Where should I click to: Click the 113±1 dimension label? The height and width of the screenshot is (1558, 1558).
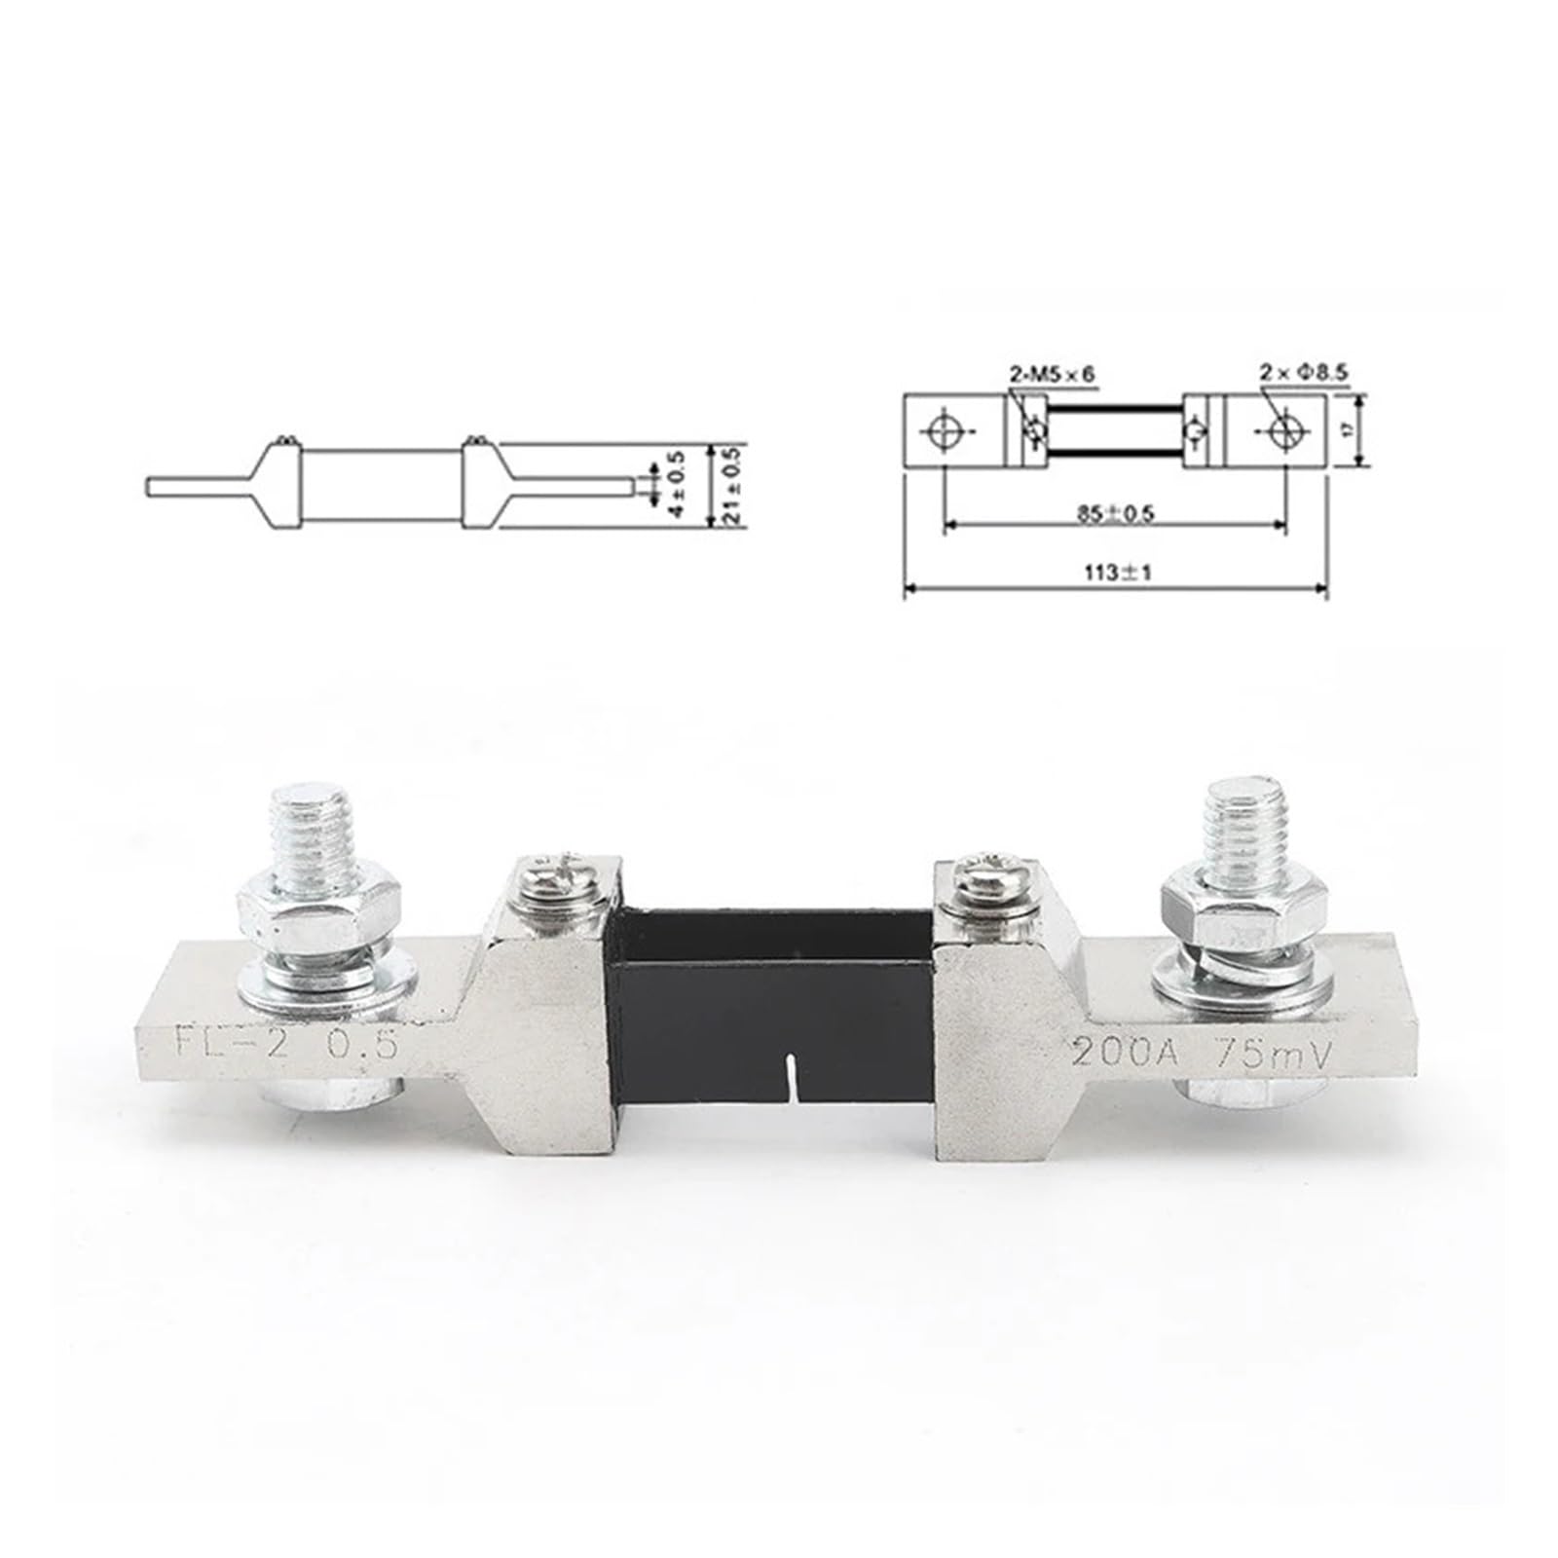tap(1117, 573)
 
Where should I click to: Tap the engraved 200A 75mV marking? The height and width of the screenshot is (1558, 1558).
tap(1198, 1052)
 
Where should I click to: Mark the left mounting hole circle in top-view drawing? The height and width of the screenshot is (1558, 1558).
tap(944, 430)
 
